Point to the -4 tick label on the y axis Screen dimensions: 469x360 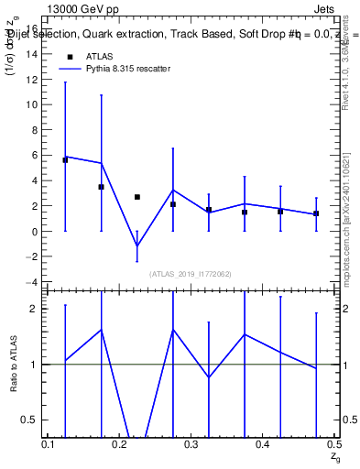pos(31,282)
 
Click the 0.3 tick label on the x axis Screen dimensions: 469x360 pos(191,444)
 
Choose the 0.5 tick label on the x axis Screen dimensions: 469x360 pos(333,444)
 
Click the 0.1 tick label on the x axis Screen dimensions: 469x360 pos(49,444)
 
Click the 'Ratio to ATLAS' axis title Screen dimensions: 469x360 pos(13,365)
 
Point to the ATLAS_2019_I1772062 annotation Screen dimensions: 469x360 pos(191,274)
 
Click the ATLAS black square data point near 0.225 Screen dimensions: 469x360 pos(137,197)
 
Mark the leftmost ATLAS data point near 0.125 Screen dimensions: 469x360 pos(65,160)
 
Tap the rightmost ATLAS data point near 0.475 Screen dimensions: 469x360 pos(316,213)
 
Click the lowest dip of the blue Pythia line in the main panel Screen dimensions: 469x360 pos(137,245)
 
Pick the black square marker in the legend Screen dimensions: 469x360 pos(70,57)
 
